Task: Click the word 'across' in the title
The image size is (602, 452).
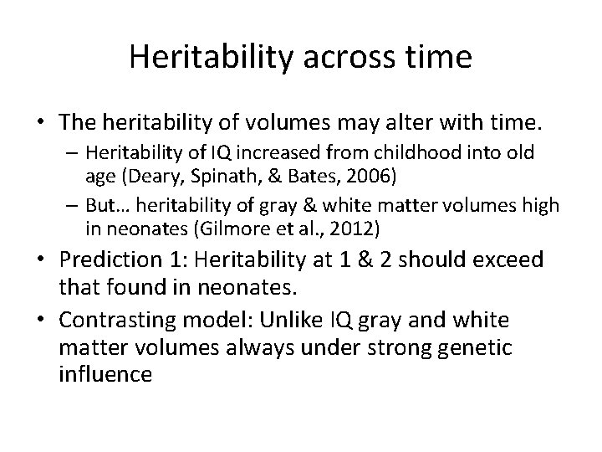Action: tap(336, 57)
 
